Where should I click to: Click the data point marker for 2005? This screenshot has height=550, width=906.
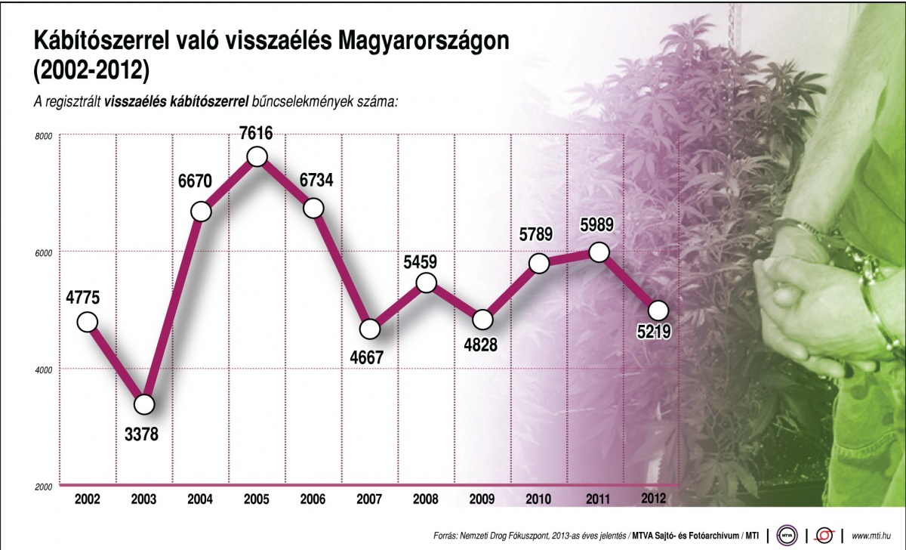pos(257,156)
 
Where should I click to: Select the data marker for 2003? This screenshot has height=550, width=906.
pos(143,404)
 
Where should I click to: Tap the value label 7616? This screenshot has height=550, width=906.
pos(257,131)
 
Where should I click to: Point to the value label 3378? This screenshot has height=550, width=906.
pos(143,435)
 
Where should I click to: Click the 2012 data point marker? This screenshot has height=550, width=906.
pos(658,310)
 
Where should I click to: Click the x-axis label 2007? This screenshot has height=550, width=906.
pos(370,499)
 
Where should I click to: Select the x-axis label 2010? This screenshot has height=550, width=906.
pos(540,499)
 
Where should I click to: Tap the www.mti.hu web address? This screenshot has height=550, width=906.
pos(871,536)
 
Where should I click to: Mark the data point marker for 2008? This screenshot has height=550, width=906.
pos(427,283)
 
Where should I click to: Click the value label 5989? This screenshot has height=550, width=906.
pos(598,226)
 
